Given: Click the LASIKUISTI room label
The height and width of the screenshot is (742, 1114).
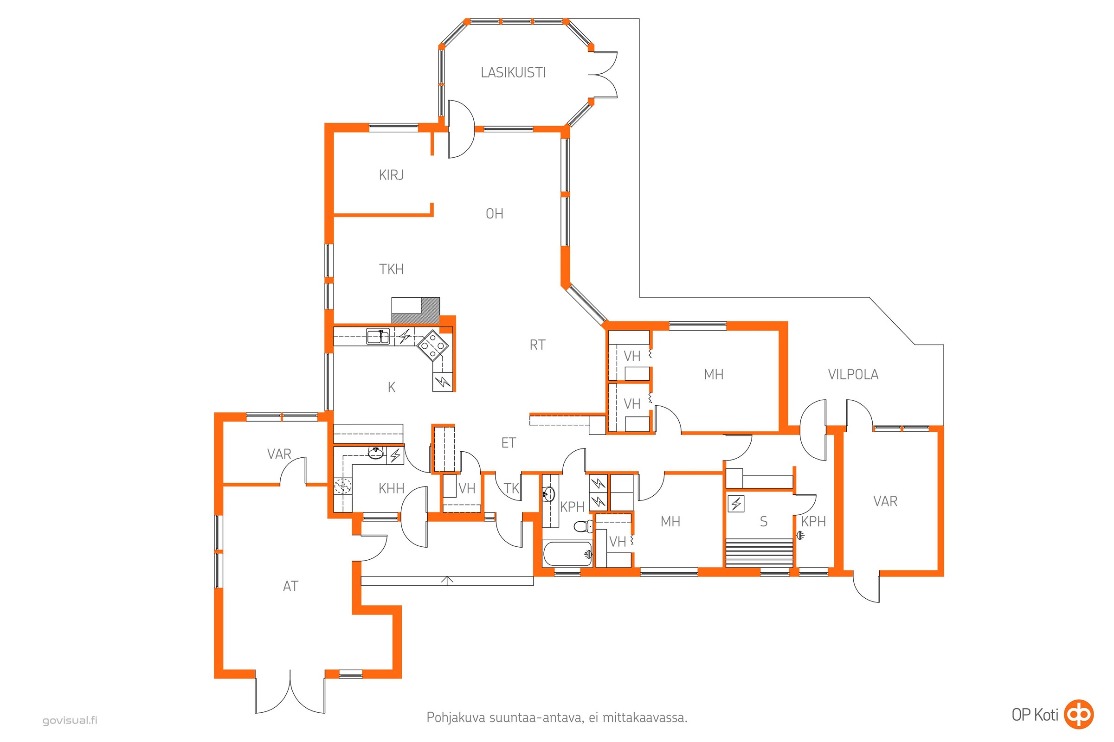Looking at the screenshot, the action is pos(513,72).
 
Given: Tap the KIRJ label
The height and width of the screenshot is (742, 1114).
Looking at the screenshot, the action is pos(391,175).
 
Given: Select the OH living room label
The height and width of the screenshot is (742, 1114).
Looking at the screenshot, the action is pos(494,214).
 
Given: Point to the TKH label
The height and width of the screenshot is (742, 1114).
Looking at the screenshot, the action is pos(391,269).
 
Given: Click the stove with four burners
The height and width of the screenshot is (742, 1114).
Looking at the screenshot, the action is pos(432,345).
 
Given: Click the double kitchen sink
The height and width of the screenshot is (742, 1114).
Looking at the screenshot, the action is pos(378,337).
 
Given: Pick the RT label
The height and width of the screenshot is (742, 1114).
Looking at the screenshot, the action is pos(537,345).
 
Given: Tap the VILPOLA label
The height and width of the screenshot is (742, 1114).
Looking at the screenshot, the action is pos(853,374).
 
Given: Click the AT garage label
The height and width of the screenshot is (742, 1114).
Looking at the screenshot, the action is pos(290,586).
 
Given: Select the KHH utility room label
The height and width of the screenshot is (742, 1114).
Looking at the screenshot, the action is pos(391,488).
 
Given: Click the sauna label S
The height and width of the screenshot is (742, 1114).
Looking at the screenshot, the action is pos(763,521).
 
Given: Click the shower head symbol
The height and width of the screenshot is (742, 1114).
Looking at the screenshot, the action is pos(800,535).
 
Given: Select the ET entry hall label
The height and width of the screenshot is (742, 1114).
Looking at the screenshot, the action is pos(508,443).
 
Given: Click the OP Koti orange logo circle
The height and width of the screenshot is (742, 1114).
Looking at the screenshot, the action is pos(1079,714).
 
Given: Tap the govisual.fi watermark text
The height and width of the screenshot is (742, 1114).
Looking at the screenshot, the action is pos(70,721).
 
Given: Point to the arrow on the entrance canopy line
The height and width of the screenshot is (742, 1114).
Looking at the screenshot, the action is pos(447,581).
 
